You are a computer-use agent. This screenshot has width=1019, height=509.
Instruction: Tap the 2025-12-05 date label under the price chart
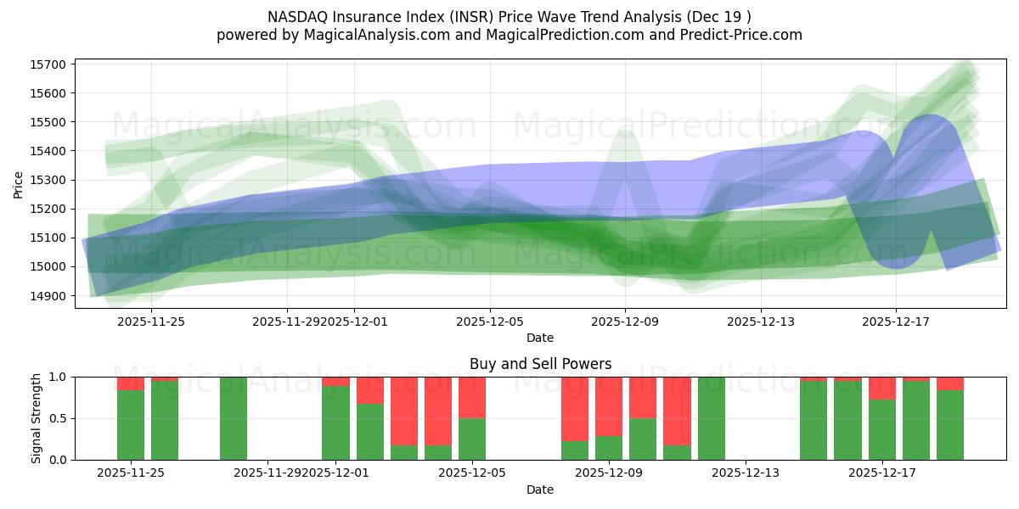(x=490, y=322)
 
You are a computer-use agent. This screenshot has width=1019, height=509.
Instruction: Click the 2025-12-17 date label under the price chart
(x=897, y=322)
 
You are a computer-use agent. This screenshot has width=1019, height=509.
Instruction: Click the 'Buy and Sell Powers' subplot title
(x=540, y=364)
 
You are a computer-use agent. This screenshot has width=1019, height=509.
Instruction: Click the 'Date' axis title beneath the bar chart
(x=540, y=489)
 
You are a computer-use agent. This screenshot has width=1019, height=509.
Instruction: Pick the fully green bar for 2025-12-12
(x=712, y=418)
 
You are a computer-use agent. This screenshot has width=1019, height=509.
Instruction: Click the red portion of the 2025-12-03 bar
(x=404, y=411)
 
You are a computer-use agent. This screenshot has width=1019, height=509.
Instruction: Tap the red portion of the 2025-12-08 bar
(x=575, y=409)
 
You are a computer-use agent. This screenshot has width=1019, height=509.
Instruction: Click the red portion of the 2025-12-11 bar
(x=677, y=411)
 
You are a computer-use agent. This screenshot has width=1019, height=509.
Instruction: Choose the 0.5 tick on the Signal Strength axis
(x=60, y=418)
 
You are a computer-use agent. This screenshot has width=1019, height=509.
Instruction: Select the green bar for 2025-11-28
(x=234, y=418)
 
